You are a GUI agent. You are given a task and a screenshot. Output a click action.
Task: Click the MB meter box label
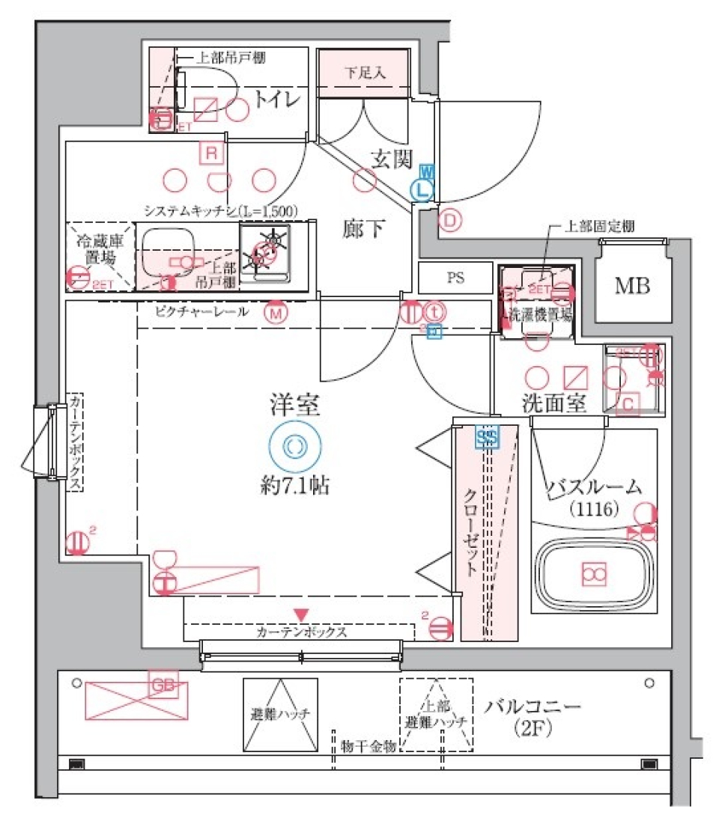633,286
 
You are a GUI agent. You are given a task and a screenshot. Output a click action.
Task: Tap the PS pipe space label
455,278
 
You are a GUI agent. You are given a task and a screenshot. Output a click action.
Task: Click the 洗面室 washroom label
553,403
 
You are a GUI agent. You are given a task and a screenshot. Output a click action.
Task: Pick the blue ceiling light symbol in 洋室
295,446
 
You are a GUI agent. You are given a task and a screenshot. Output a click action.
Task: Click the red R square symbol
211,153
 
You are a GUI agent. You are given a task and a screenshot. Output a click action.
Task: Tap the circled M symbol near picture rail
276,313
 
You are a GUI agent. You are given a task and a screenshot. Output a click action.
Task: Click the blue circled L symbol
422,190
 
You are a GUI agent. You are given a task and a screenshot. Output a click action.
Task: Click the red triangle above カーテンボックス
301,614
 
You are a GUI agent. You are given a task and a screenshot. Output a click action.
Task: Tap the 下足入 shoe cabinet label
365,73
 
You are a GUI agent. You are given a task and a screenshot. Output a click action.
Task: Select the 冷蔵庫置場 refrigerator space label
99,248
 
